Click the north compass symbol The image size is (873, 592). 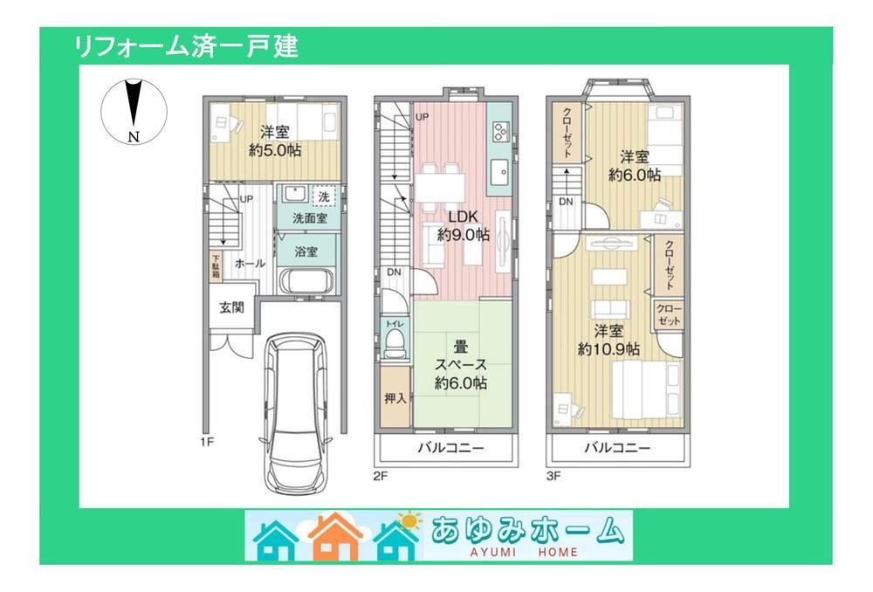(134, 111)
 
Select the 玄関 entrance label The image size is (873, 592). (231, 307)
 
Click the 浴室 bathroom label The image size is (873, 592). (305, 251)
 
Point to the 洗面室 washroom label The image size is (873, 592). (309, 217)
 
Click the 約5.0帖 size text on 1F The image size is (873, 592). (275, 150)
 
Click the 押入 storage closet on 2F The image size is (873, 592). (395, 398)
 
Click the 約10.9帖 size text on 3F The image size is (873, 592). (608, 348)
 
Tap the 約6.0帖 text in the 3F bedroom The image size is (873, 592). (635, 175)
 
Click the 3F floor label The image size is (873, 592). (554, 476)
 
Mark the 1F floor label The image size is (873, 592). (207, 442)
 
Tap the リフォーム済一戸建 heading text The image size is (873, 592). (186, 46)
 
